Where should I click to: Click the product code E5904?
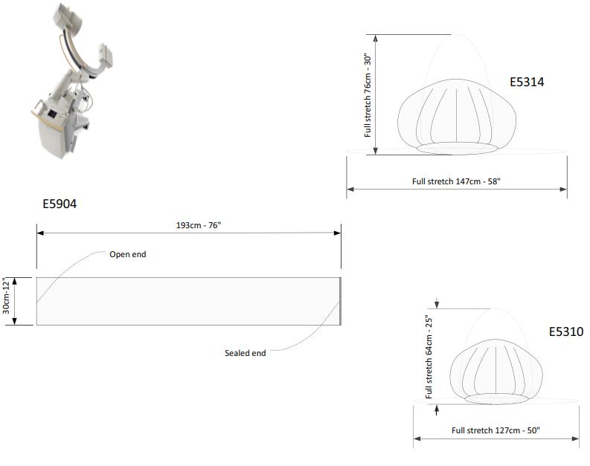(60, 204)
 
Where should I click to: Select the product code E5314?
(527, 82)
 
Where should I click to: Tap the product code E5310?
(566, 331)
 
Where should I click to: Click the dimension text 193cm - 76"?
(199, 225)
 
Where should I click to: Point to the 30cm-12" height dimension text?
(6, 296)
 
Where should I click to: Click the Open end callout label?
(127, 254)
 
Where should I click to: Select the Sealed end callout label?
(245, 353)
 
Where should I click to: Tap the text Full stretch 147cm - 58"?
(456, 181)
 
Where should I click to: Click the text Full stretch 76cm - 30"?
(368, 95)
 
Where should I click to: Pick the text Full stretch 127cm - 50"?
(496, 430)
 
